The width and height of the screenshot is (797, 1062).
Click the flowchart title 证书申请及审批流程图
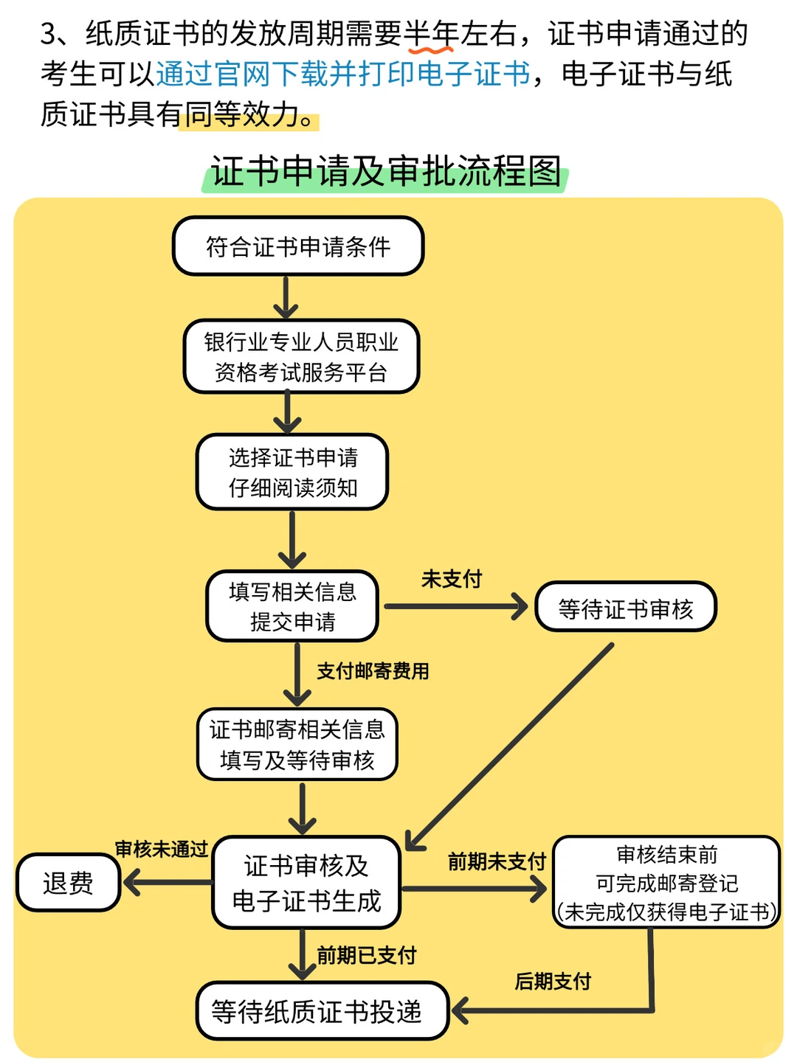385,172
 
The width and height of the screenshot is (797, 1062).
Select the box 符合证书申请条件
298,246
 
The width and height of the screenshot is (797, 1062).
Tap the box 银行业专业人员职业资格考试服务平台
301,357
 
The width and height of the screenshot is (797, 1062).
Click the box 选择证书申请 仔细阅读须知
292,472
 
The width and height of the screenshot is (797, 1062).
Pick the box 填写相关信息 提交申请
292,606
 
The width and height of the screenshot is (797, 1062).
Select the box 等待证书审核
626,608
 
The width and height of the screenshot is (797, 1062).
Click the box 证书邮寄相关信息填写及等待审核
297,745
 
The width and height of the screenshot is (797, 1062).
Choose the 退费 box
68,883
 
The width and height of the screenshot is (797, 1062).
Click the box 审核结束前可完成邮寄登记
666,883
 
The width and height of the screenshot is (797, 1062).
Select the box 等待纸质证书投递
322,1011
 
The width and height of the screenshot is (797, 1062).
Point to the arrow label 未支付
452,579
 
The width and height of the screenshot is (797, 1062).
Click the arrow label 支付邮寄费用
373,671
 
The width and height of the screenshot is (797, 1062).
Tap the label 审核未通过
162,849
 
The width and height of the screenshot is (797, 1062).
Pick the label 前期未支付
497,861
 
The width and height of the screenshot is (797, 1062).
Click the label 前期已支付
367,955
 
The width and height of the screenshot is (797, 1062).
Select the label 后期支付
553,982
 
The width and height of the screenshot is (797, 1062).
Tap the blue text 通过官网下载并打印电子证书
343,74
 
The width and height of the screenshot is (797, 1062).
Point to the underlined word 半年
432,34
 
